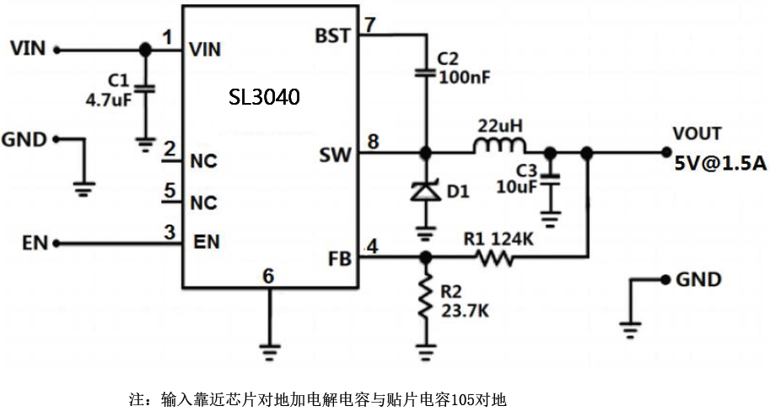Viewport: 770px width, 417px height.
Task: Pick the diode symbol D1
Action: pos(425,192)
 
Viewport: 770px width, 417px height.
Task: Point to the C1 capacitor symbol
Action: pos(145,87)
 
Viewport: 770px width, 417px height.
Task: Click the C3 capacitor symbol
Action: pos(551,177)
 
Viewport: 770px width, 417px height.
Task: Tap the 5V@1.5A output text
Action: pos(719,163)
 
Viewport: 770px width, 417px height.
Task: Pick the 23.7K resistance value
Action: pos(465,310)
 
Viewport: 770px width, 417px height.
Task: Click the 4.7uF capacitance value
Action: pos(108,99)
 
